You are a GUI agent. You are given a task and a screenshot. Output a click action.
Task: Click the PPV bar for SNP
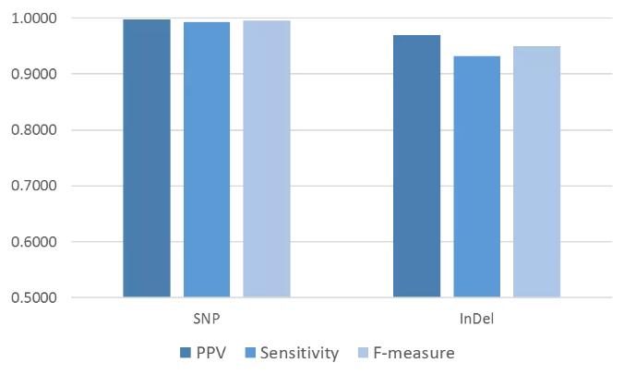(147, 158)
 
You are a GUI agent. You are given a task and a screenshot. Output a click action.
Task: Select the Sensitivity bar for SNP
(207, 159)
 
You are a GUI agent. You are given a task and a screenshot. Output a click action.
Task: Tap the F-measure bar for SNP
(267, 159)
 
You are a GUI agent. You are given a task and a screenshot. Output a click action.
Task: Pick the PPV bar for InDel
(416, 166)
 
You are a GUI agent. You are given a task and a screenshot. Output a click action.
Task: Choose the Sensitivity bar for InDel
(476, 176)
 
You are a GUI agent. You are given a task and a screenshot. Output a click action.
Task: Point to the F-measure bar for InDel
(536, 172)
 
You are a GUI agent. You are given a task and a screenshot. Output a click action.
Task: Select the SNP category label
(207, 320)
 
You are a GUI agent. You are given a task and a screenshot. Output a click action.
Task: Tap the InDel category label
(476, 320)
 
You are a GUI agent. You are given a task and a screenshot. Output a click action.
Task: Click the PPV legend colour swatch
(186, 353)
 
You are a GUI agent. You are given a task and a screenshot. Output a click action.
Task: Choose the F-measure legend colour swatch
(365, 353)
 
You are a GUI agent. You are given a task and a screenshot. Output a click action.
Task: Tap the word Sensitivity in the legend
(300, 353)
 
